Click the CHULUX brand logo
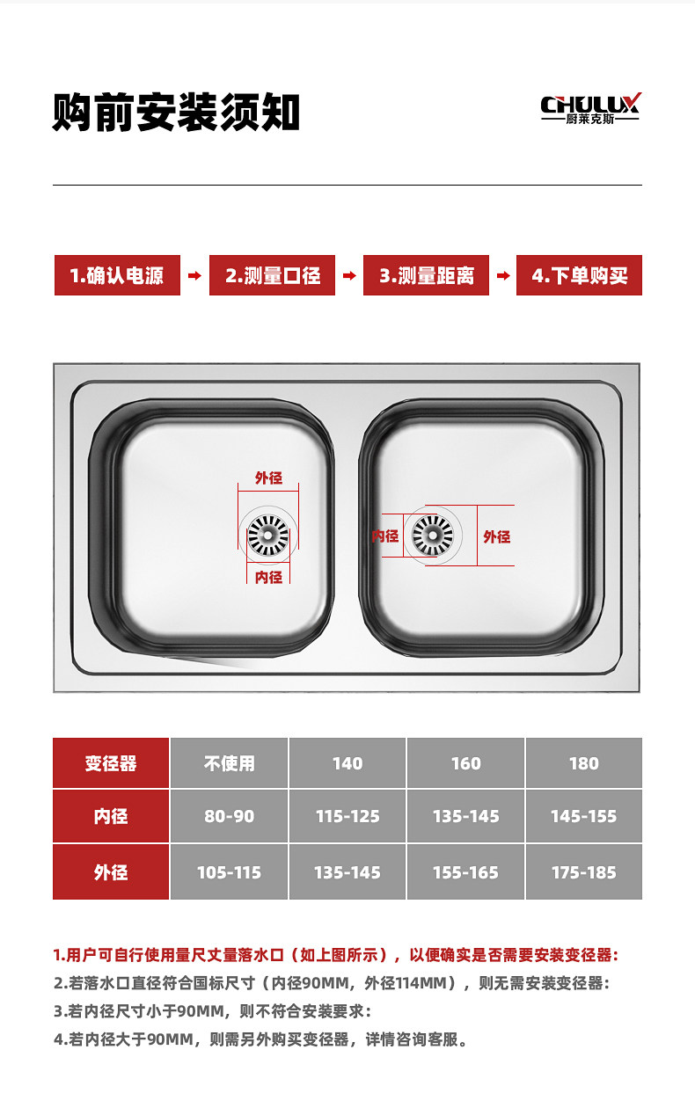coord(590,108)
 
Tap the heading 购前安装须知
coord(176,113)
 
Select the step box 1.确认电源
coord(117,275)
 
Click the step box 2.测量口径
coord(272,275)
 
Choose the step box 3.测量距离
coord(426,275)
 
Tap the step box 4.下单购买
coord(579,275)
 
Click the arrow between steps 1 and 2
coord(194,275)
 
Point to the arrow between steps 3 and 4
coord(503,275)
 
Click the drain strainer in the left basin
coord(268,536)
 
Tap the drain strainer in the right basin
coord(433,536)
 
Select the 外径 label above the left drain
coord(268,477)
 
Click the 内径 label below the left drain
coord(268,577)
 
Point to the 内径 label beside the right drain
coord(385,536)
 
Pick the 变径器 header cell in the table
coord(111,762)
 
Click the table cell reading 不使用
coord(230,762)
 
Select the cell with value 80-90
coord(230,816)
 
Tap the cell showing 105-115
coord(230,872)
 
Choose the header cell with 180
coord(584,762)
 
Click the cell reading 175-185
coord(584,872)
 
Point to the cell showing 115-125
coord(347,816)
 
